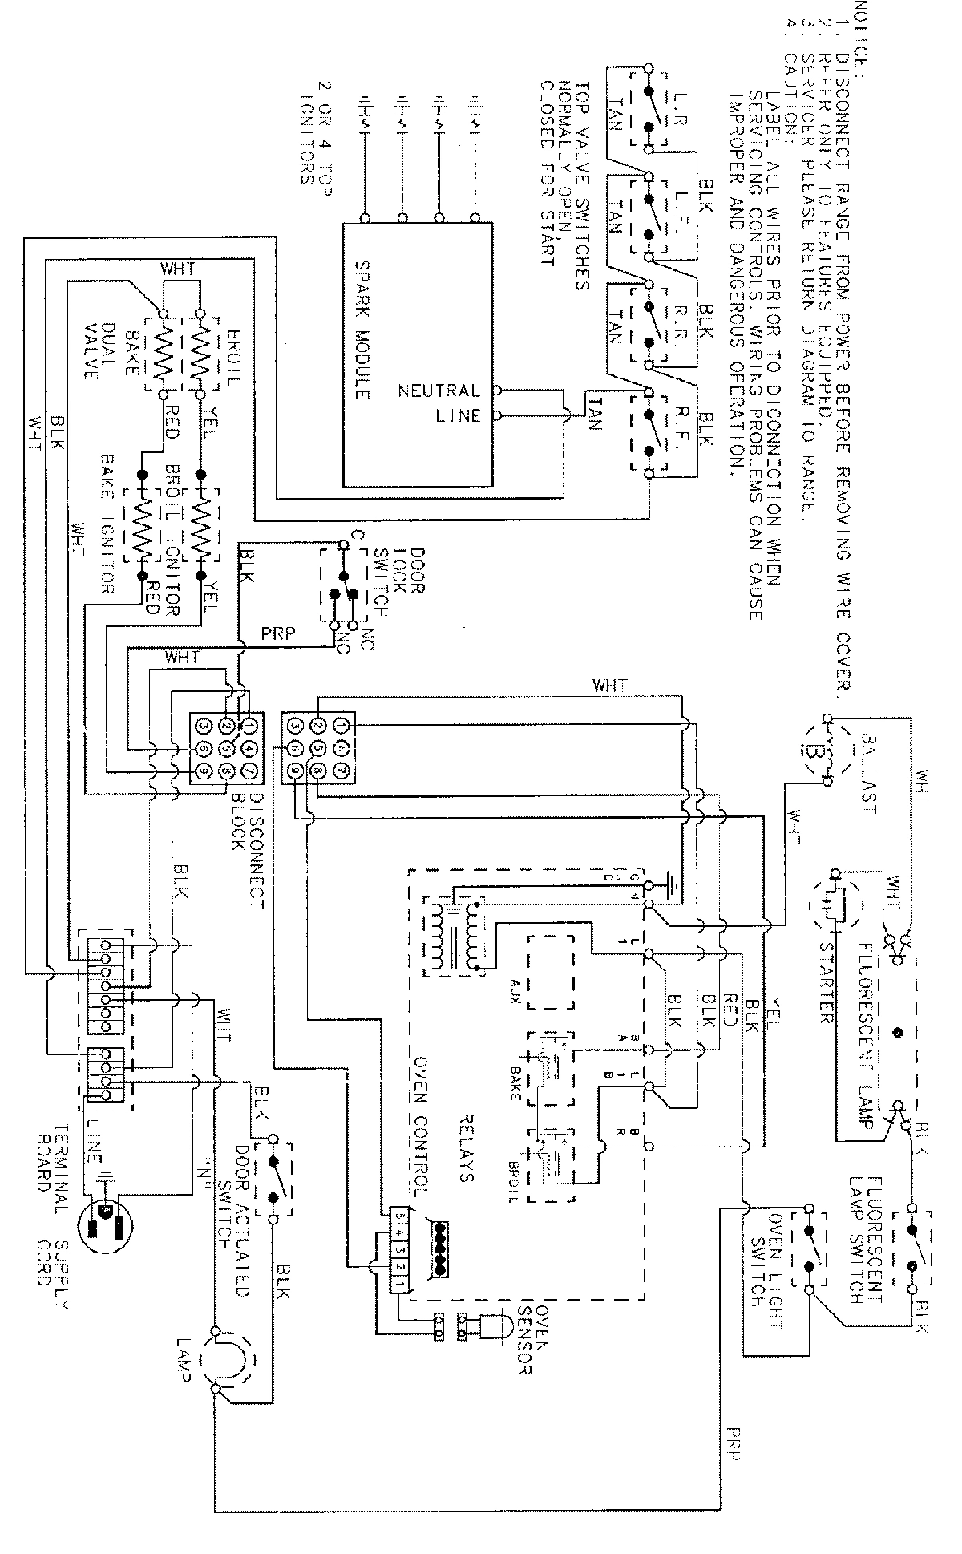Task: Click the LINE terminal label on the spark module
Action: coord(459,415)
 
